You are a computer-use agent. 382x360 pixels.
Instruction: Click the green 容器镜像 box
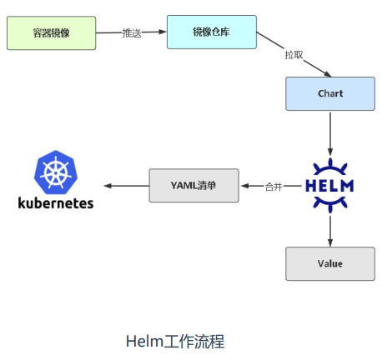pyautogui.click(x=52, y=33)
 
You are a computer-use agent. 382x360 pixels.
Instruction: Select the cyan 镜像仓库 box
pyautogui.click(x=212, y=32)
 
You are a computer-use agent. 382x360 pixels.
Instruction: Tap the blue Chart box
pyautogui.click(x=330, y=93)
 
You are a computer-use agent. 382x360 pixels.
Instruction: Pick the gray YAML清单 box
pyautogui.click(x=194, y=185)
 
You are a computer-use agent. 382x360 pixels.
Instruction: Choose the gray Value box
pyautogui.click(x=330, y=263)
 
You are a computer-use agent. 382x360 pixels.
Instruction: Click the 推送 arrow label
pyautogui.click(x=132, y=32)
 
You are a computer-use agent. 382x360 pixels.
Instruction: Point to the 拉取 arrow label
pyautogui.click(x=294, y=55)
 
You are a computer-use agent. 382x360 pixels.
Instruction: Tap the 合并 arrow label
pyautogui.click(x=274, y=187)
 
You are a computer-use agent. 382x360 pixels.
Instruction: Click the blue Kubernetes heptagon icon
pyautogui.click(x=56, y=172)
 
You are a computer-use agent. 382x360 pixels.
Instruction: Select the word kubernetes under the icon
pyautogui.click(x=56, y=203)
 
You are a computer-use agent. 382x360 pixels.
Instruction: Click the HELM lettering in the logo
pyautogui.click(x=329, y=186)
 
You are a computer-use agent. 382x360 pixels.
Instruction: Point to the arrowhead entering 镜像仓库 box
pyautogui.click(x=163, y=32)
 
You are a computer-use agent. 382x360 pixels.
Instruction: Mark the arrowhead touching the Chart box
pyautogui.click(x=327, y=74)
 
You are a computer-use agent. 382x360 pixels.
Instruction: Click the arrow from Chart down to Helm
pyautogui.click(x=330, y=134)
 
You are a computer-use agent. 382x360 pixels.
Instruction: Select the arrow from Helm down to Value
pyautogui.click(x=330, y=231)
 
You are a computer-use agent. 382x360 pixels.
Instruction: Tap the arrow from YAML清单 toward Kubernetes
pyautogui.click(x=127, y=186)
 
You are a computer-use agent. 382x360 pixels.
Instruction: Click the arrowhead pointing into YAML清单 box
pyautogui.click(x=245, y=186)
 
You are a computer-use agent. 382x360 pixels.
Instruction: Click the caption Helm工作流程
pyautogui.click(x=175, y=341)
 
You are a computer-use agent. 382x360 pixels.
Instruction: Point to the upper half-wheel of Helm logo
pyautogui.click(x=330, y=167)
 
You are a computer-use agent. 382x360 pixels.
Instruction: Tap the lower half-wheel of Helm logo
pyautogui.click(x=330, y=204)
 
